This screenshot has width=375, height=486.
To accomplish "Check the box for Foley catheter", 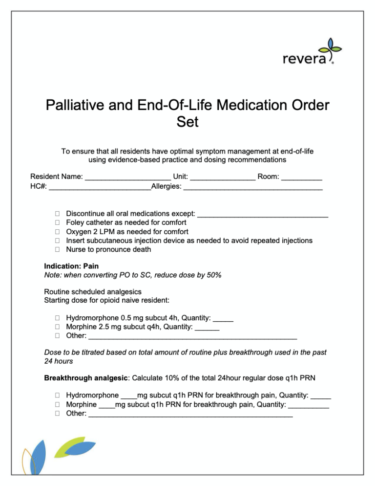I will (57, 222).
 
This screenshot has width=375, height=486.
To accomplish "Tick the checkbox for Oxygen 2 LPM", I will (57, 232).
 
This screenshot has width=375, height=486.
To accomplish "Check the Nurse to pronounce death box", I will (57, 250).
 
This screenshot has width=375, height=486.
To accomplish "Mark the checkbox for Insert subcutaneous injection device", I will (57, 241).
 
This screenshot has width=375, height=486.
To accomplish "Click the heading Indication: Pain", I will (71, 266).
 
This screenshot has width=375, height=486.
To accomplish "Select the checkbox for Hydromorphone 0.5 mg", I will (57, 318).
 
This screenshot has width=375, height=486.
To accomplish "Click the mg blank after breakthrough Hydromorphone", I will (128, 397).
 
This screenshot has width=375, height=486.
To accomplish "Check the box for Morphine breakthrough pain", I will (57, 405).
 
